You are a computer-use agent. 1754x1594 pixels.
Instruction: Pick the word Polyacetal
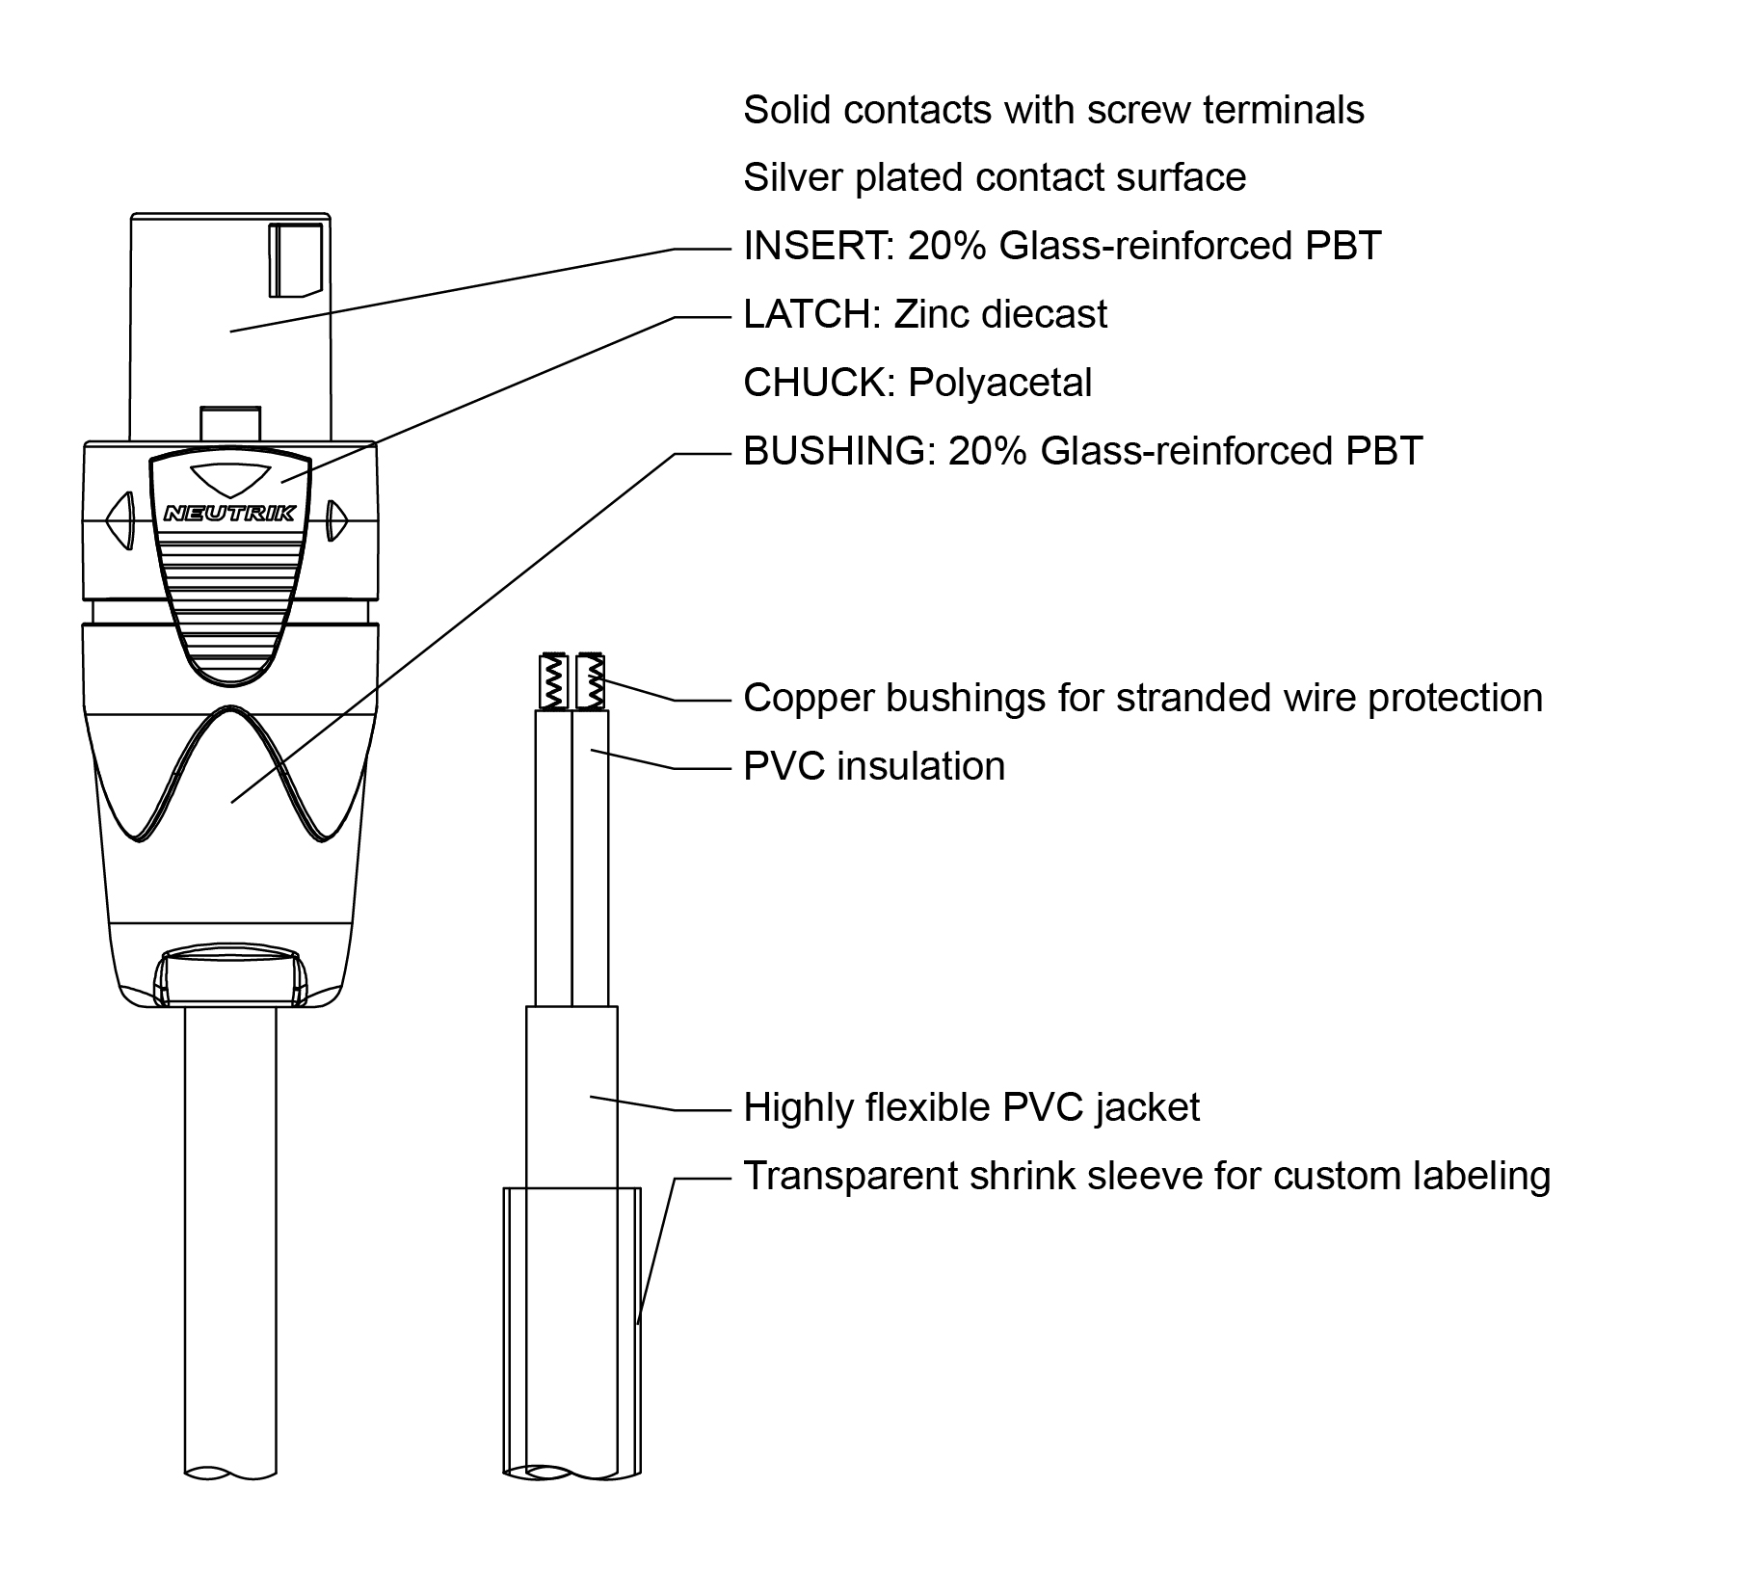pos(999,384)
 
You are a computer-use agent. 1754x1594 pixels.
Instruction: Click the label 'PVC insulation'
pos(874,767)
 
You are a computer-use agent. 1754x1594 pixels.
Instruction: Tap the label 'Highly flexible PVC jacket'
pos(970,1108)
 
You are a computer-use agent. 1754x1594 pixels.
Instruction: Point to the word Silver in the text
pos(791,178)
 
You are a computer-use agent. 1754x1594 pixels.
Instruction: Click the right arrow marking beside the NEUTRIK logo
pos(335,520)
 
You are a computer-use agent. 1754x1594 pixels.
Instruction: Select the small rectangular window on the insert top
pos(295,260)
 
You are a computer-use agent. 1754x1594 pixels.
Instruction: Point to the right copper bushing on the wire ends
pos(589,681)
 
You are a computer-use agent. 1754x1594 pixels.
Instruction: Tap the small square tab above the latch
pos(229,422)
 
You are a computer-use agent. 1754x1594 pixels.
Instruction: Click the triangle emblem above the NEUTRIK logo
pos(229,479)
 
